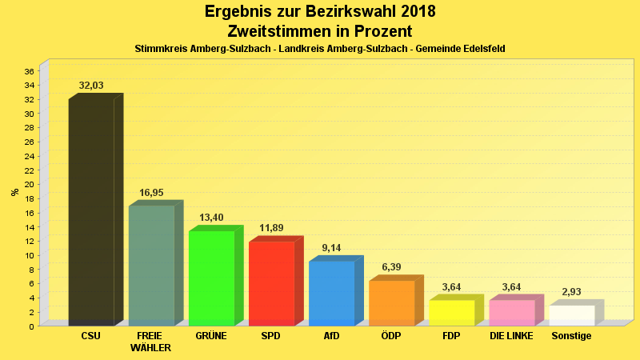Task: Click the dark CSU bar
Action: click(91, 212)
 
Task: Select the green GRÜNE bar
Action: click(211, 278)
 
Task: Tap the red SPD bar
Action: click(271, 283)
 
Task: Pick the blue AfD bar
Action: click(331, 293)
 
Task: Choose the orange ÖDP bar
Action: click(391, 302)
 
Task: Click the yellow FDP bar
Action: click(451, 312)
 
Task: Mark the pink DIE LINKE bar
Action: click(511, 312)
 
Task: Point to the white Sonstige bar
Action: click(571, 315)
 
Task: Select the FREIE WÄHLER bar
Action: click(151, 266)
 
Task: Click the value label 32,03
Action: click(91, 86)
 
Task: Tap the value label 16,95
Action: click(151, 193)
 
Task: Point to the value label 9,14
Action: click(331, 249)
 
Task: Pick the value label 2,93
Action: click(571, 293)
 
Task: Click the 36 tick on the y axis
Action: click(29, 71)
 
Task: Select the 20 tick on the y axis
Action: click(29, 185)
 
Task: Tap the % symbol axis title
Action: click(14, 192)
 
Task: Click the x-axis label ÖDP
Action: click(391, 336)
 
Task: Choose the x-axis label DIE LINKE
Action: click(511, 336)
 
